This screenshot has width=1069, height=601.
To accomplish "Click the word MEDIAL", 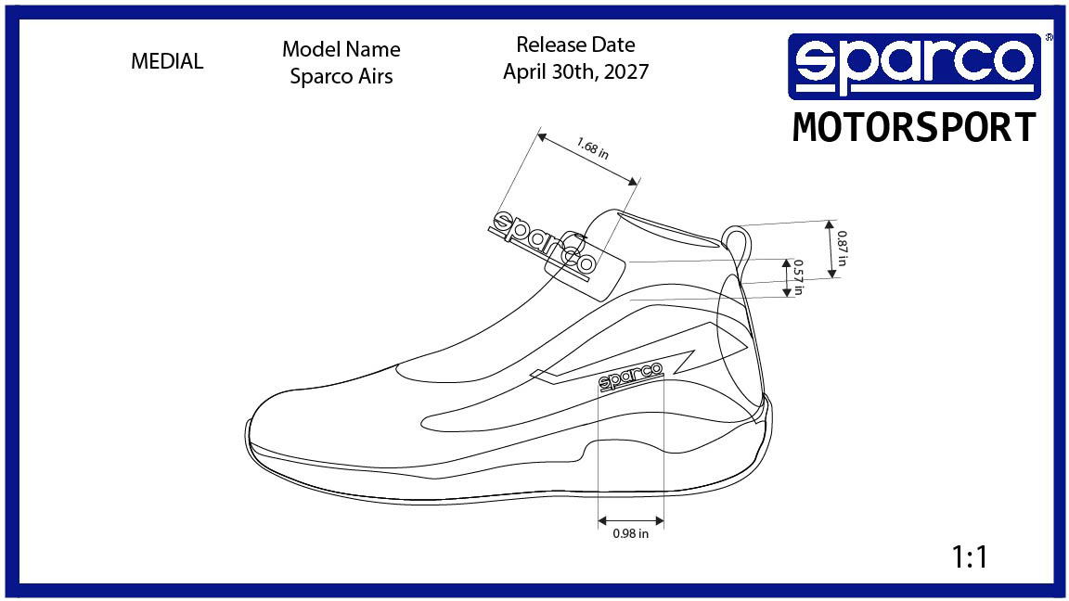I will (x=167, y=62).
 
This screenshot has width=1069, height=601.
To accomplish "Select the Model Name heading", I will (x=341, y=49).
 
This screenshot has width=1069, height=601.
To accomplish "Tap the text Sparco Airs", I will (x=341, y=76).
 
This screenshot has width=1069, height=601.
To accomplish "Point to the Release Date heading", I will (x=575, y=45).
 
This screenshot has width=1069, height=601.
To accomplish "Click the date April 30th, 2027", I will (x=575, y=71).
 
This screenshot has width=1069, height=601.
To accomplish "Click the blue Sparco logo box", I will (x=914, y=66).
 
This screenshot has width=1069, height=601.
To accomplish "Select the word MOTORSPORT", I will (x=914, y=128).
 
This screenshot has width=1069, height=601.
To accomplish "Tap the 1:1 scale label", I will (x=970, y=557).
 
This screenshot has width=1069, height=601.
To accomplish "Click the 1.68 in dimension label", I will (x=592, y=148).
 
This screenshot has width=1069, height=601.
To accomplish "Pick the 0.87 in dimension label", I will (x=842, y=248).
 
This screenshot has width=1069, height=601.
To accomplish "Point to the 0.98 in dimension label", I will (x=631, y=534).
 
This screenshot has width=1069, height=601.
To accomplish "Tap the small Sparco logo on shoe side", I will (x=630, y=376).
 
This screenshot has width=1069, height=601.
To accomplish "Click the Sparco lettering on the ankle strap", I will (x=543, y=244).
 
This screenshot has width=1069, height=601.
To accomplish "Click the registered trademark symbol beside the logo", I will (x=1049, y=38).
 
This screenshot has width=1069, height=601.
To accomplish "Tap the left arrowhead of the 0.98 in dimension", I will (x=602, y=521).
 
